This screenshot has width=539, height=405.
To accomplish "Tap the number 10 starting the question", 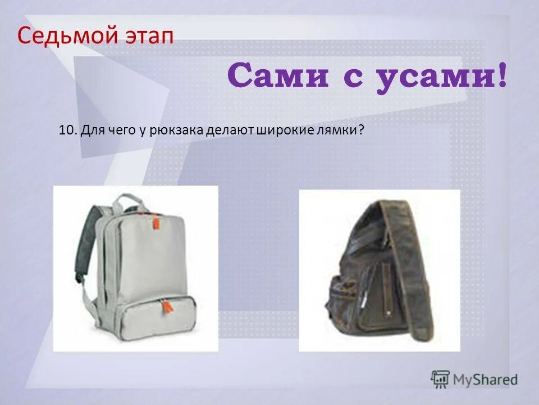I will click(x=66, y=130).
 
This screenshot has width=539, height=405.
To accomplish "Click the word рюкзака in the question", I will click(x=177, y=130).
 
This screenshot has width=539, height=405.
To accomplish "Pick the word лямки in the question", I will click(x=339, y=130).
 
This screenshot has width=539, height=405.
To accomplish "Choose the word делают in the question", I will click(x=231, y=130).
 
